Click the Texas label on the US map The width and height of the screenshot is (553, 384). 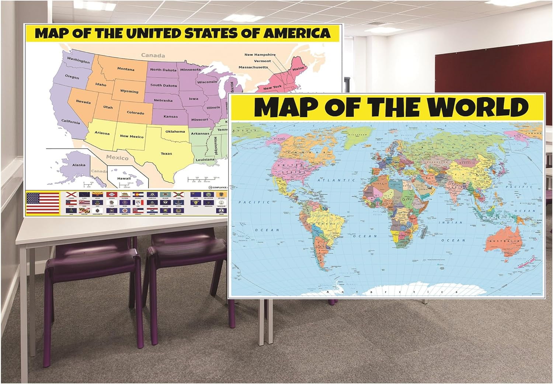pos(166,153)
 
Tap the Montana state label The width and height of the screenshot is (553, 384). pos(126,69)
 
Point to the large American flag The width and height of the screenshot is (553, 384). pos(43,203)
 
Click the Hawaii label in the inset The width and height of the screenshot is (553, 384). pos(124,179)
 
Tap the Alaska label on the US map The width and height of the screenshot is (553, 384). pos(79,165)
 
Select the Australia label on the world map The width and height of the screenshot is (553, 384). pos(504,241)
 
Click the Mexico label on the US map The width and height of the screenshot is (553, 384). pos(117,158)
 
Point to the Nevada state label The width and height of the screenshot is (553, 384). pos(83,101)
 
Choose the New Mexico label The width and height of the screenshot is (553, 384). pos(132,136)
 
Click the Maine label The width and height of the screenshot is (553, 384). pos(298,69)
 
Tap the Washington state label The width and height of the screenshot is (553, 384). pos(79,60)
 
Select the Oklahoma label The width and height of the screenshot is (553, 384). pos(175,131)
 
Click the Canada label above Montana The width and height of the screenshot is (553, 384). pos(153,55)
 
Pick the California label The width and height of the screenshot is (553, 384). pos(70,122)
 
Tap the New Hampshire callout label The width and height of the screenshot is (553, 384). pos(260,55)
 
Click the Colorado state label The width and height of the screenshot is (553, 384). pos(135,113)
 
